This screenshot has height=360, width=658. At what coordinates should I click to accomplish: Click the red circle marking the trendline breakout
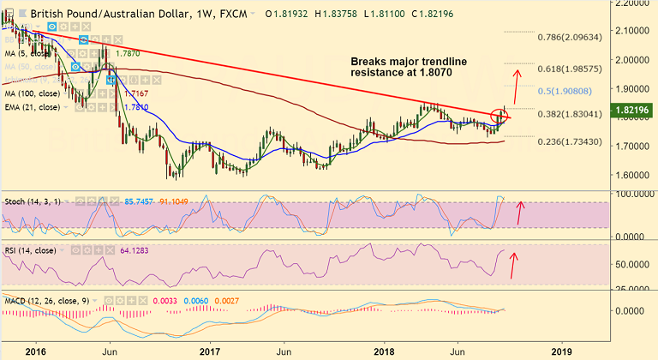[x=501, y=114]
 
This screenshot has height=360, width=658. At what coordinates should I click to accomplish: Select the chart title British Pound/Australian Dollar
[x=91, y=15]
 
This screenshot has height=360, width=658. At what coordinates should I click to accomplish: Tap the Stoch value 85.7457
[x=140, y=200]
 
